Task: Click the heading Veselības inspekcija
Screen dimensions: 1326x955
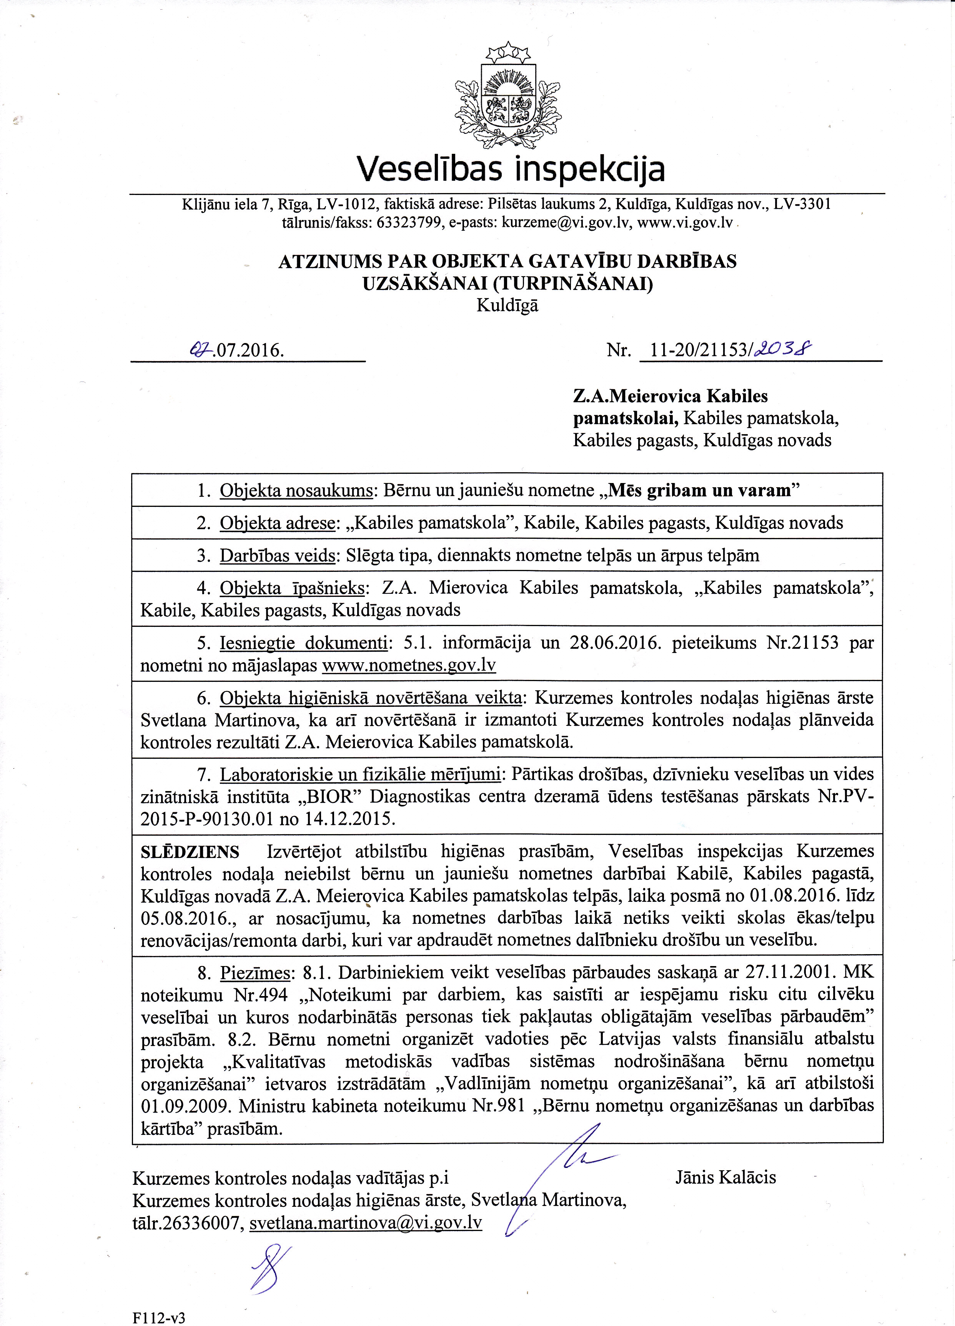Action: (x=510, y=170)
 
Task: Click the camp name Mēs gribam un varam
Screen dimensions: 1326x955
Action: (x=700, y=490)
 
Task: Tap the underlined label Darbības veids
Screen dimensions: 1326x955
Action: (x=276, y=555)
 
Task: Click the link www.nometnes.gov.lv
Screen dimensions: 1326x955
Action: (x=409, y=665)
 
